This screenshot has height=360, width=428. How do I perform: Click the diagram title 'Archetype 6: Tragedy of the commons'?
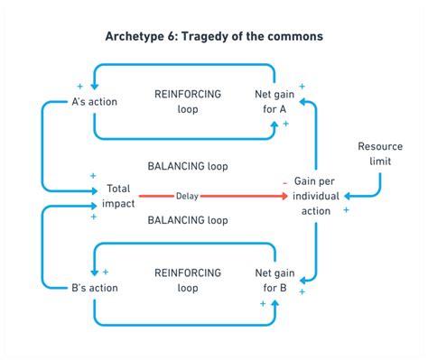[214, 36]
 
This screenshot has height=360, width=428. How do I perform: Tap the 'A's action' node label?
[95, 101]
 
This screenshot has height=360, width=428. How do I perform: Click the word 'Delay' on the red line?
[188, 192]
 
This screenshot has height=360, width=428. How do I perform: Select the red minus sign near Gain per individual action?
[285, 184]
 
